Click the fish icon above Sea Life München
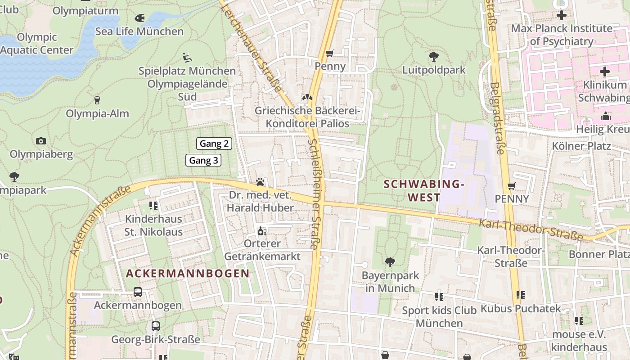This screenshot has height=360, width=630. pos(139,18)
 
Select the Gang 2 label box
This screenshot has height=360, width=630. pos(214,144)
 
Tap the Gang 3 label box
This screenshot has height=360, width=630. pos(203,160)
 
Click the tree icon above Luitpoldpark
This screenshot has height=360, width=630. pos(434,57)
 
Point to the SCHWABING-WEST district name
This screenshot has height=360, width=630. pos(423,191)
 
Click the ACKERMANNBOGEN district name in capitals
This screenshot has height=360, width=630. pos(187,273)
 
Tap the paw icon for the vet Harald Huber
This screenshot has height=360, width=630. pos(260,182)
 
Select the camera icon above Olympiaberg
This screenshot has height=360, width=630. pos(41,141)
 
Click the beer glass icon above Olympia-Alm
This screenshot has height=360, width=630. pos(97,100)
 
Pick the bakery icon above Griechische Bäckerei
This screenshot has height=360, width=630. pos(307,97)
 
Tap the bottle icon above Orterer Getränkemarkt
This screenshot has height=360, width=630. pos(262,231)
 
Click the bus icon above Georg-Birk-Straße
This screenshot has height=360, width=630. pos(155,326)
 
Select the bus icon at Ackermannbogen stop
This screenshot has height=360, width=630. pos(138,292)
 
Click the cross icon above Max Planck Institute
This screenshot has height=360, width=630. pos(561,15)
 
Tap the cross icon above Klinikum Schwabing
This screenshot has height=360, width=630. pos(605,72)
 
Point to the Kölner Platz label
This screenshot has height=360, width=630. pos(581,146)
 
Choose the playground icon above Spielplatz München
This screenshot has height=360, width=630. pos(187,58)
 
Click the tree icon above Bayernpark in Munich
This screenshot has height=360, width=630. pos(390,262)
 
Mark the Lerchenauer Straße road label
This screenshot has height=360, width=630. pos(257,50)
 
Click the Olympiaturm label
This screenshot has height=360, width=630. pos(85,11)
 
